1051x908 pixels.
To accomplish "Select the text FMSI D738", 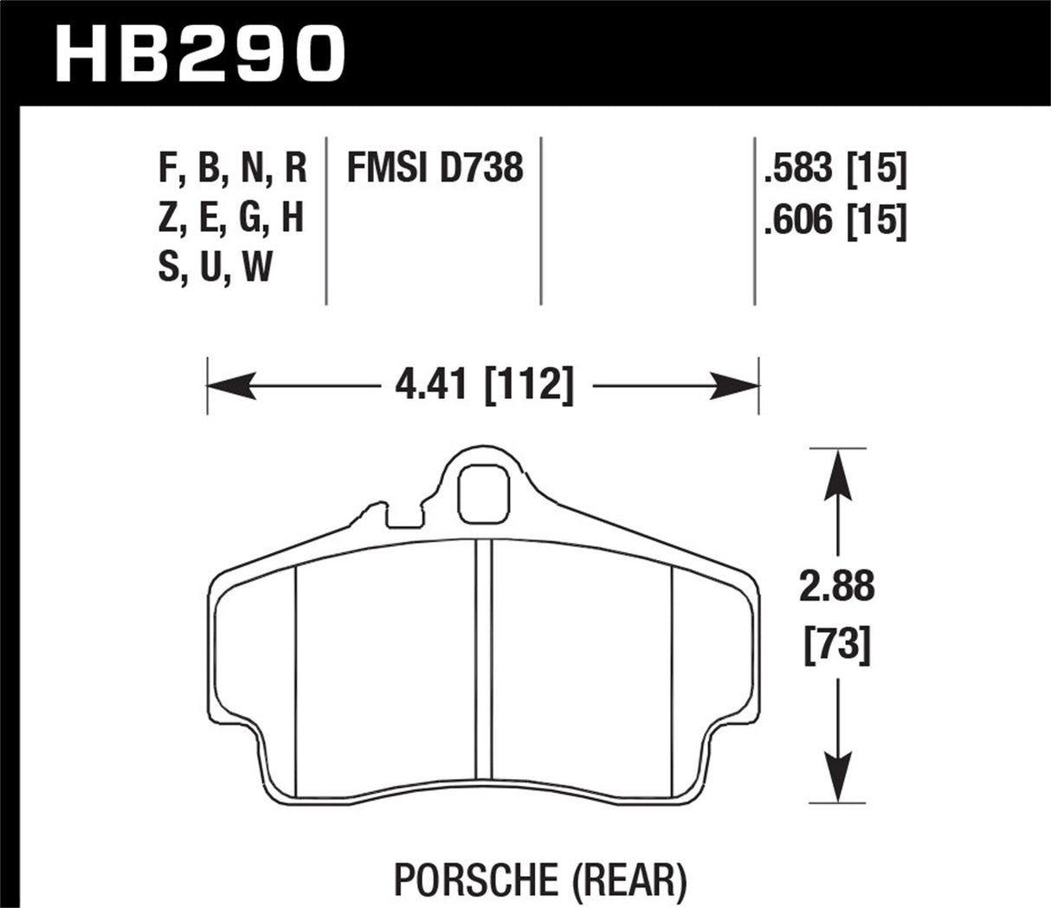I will point(435,168).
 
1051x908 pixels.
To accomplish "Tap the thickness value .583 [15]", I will point(835,170).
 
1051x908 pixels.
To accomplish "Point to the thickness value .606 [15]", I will point(835,222).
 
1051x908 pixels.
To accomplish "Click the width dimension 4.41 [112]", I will point(484,383).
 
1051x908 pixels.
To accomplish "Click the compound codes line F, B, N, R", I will point(233,168).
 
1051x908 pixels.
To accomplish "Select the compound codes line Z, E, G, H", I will point(231,218).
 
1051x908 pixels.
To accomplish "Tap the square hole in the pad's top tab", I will point(483,493).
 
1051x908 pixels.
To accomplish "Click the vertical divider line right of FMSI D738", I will point(541,220).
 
